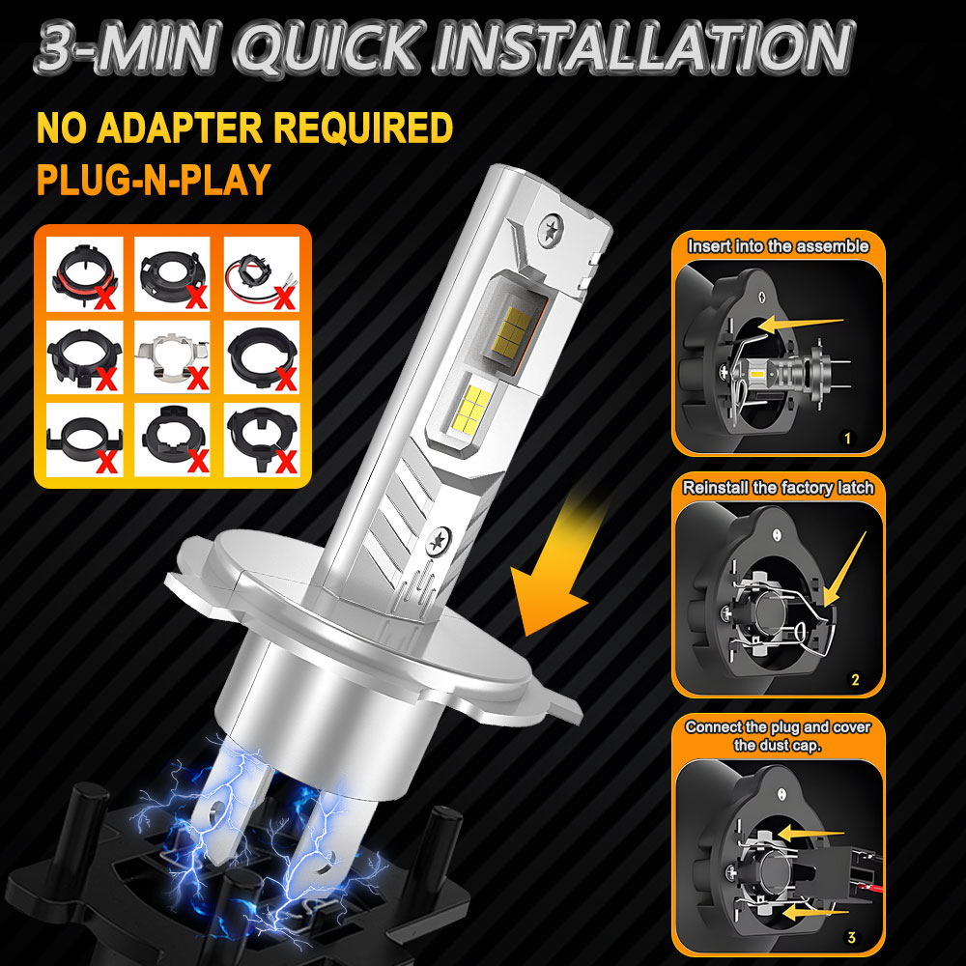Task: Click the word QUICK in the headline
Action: coord(329,48)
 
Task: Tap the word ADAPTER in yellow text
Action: coord(180,128)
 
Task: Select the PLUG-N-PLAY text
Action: coord(154,180)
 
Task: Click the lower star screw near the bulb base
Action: coord(439,541)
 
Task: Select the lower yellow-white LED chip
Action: coord(472,409)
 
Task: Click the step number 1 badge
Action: coord(848,438)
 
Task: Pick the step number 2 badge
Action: coord(855,679)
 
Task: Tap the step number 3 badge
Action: coord(851,937)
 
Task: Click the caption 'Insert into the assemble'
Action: coord(778,246)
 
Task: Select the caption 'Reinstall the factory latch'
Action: coord(778,488)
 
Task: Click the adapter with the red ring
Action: coord(84,273)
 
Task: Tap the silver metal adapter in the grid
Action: coord(172,357)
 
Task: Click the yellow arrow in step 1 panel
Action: coord(800,323)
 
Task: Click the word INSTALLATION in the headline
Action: coord(643,48)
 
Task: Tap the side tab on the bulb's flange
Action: coord(560,706)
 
